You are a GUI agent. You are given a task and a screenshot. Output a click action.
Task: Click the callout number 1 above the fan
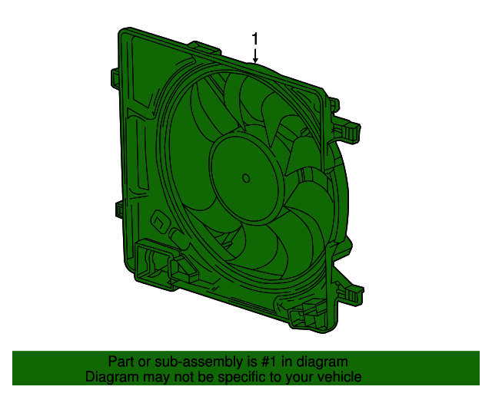(255, 38)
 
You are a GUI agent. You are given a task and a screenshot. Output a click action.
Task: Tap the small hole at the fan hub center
(246, 178)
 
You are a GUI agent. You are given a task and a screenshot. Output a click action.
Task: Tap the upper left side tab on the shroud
(114, 77)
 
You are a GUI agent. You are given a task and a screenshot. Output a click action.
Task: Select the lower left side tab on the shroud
(120, 209)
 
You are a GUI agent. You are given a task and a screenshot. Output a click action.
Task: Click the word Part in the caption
(121, 362)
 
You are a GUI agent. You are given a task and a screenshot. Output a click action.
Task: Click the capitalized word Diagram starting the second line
(110, 377)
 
